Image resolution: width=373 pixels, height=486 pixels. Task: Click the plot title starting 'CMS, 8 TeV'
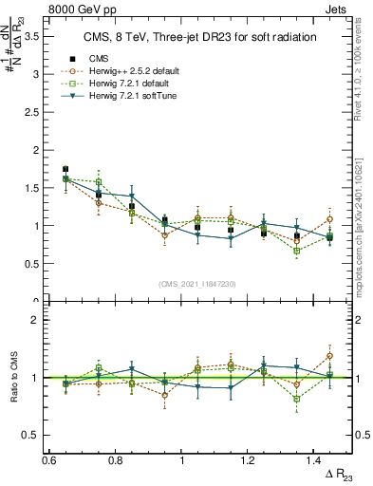[199, 37]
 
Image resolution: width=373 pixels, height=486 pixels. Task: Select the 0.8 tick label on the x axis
[116, 458]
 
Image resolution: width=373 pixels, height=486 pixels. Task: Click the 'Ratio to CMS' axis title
[13, 377]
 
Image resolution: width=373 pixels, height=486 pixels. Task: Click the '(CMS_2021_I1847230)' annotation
[198, 284]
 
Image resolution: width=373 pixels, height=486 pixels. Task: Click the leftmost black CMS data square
[65, 169]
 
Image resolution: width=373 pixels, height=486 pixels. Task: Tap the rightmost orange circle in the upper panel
[329, 219]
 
